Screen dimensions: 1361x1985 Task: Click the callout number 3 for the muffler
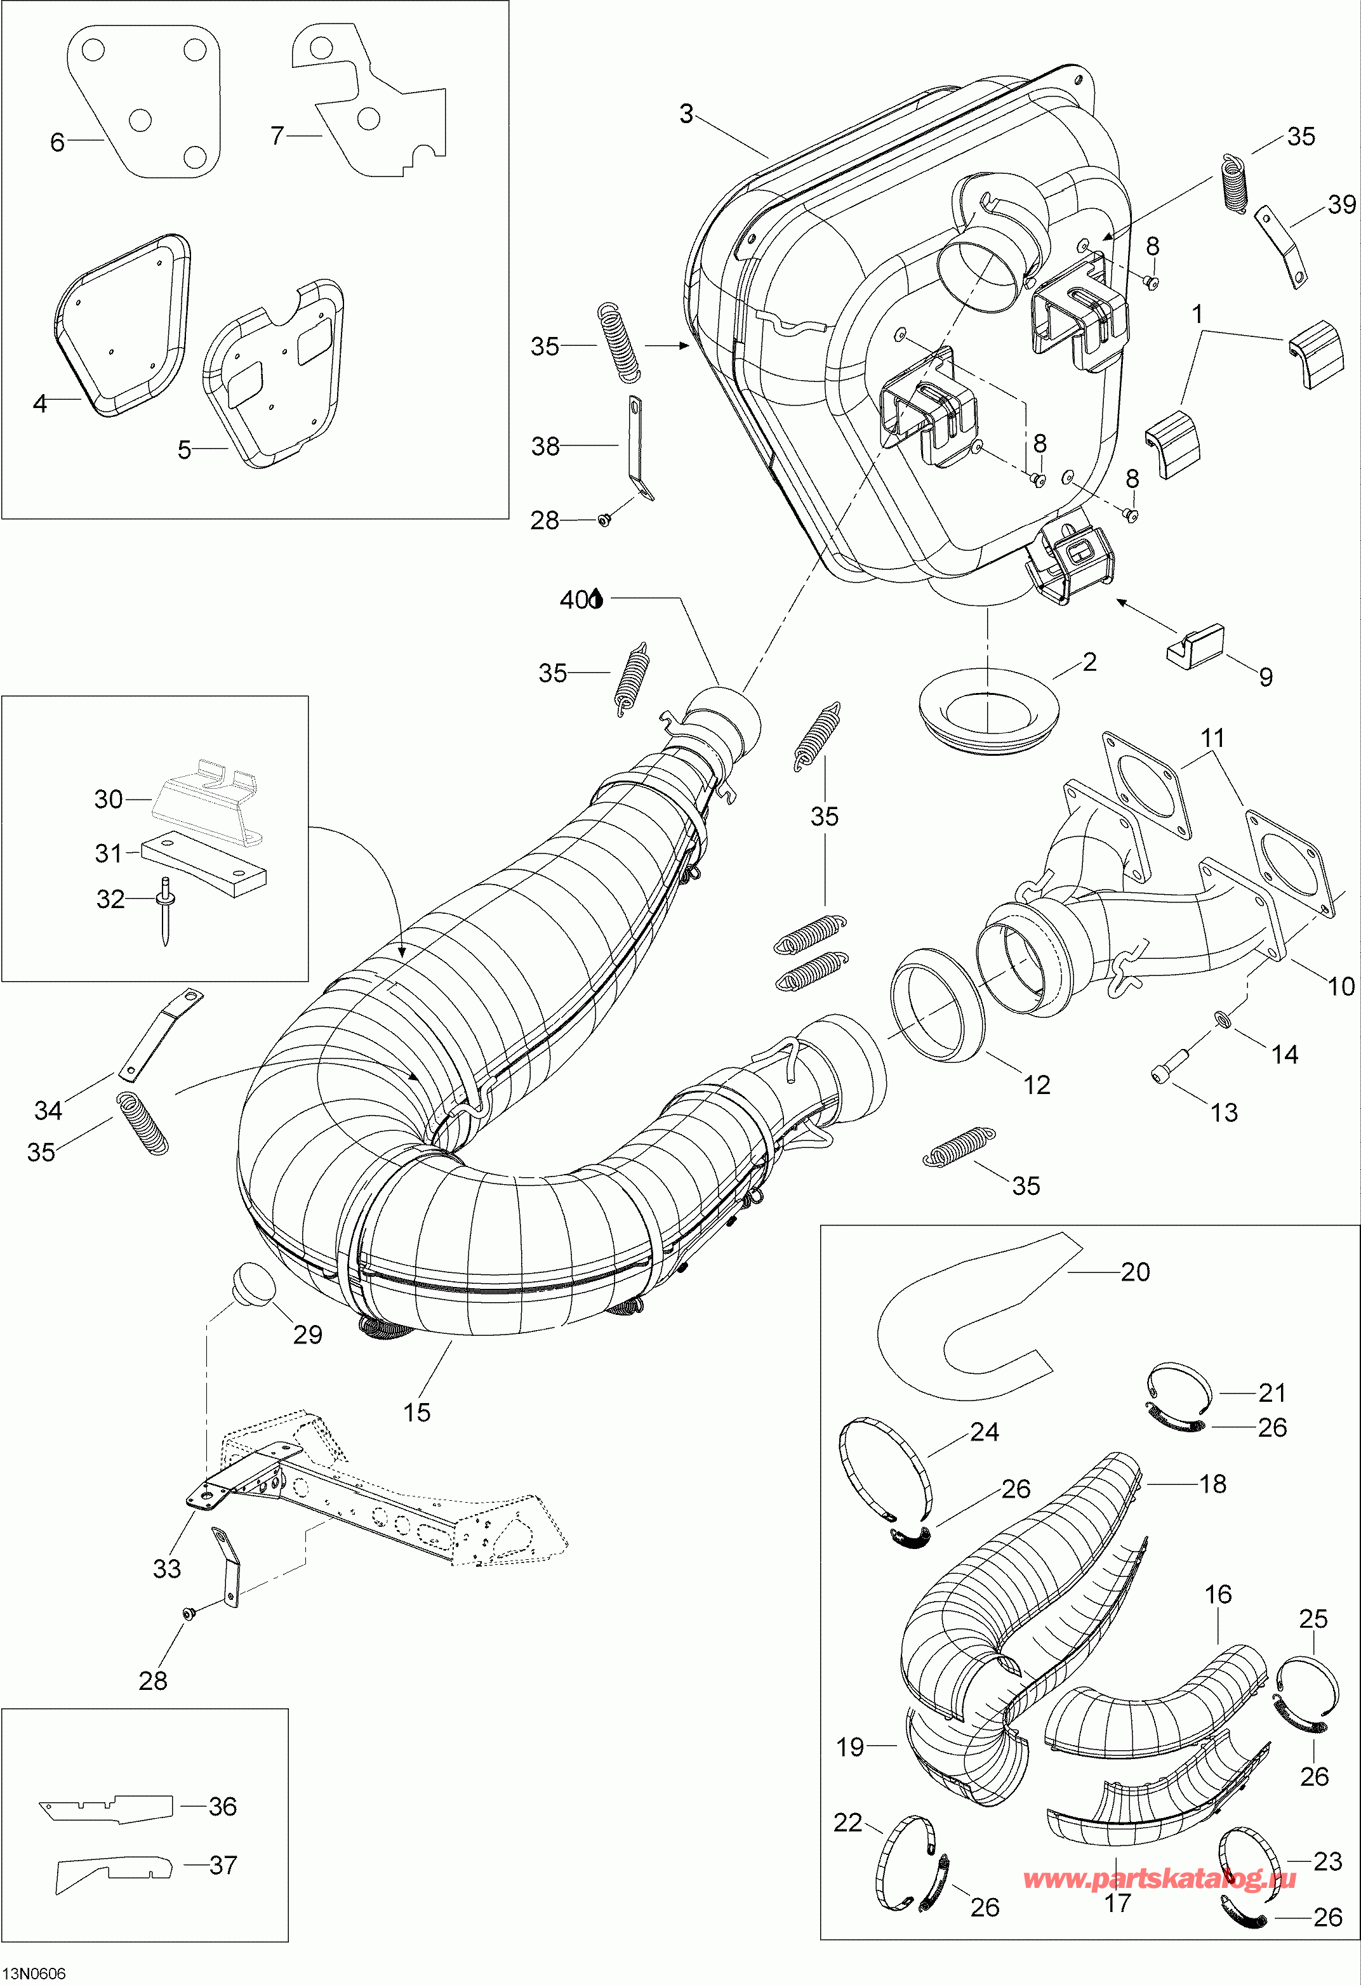(x=686, y=114)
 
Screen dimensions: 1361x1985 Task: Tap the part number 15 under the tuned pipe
(x=417, y=1412)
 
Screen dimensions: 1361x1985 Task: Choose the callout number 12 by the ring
(x=1037, y=1085)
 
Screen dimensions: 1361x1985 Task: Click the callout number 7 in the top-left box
(x=277, y=136)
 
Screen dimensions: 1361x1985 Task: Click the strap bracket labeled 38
(x=637, y=449)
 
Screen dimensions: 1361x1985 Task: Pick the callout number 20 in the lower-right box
(x=1134, y=1272)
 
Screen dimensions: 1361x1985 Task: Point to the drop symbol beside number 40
(x=596, y=600)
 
